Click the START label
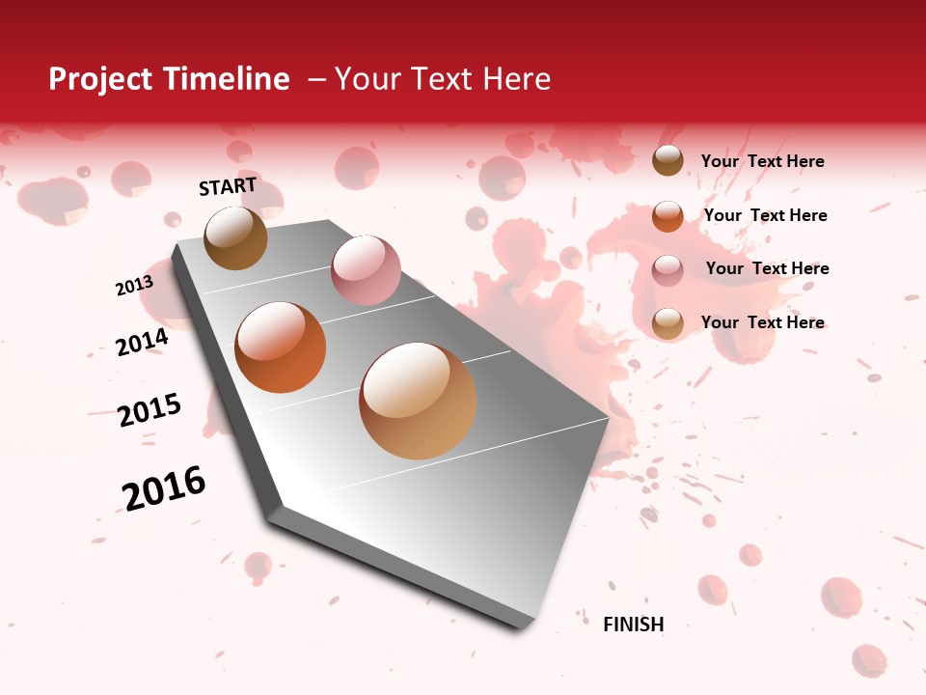(228, 186)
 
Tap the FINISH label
(633, 625)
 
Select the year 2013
(134, 286)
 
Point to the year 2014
(142, 343)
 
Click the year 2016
(164, 488)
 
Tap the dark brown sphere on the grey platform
(235, 237)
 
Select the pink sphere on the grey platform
(366, 270)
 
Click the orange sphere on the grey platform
(281, 347)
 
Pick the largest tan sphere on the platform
(418, 401)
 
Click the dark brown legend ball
(667, 161)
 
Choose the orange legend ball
(667, 215)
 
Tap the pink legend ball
(667, 269)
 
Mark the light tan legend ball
(667, 323)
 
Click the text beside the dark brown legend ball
(762, 161)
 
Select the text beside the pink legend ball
(767, 268)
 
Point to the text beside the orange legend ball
(765, 215)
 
